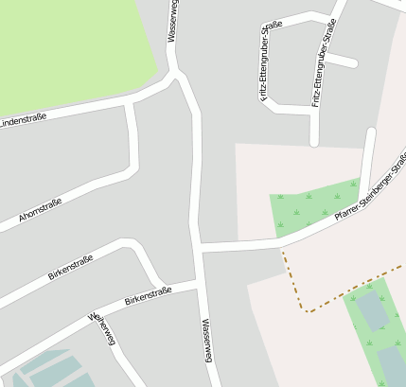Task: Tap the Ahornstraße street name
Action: [x=41, y=214]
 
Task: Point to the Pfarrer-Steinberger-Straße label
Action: [x=371, y=185]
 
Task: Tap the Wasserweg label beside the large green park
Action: [x=172, y=21]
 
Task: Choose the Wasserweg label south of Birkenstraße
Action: [x=206, y=340]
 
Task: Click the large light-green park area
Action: [x=66, y=47]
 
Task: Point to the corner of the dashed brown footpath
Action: [x=305, y=310]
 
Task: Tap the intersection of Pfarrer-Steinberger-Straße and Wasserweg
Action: [x=201, y=248]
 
